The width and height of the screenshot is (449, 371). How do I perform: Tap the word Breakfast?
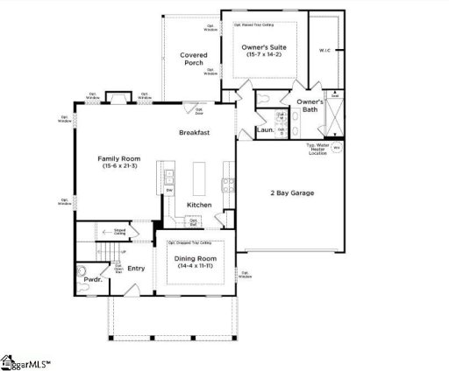tap(194, 132)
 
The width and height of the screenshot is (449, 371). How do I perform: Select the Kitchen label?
tap(199, 205)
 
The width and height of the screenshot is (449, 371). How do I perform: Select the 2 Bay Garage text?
tap(290, 192)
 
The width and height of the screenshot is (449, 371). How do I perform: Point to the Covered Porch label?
tap(194, 59)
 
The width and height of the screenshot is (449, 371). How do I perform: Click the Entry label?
tap(136, 268)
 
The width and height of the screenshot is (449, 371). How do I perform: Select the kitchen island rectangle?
tap(198, 178)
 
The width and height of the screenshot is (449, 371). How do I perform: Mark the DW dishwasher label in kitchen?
tap(169, 190)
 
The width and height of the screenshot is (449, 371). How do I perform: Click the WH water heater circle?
tap(336, 148)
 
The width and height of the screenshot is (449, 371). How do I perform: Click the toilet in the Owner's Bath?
tap(265, 99)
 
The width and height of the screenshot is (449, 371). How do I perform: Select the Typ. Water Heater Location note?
tap(317, 149)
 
